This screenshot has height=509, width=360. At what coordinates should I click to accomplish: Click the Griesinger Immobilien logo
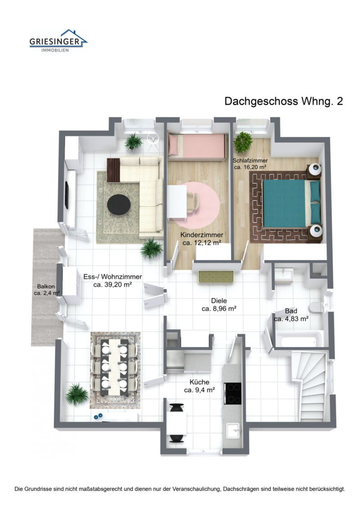[58, 41]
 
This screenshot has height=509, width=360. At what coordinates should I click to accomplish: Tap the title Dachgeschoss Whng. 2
[283, 101]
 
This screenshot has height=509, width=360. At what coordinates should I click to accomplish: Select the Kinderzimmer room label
[201, 235]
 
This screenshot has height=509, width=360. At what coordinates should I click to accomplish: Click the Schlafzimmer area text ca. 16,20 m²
[250, 167]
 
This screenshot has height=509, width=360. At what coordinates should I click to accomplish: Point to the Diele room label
[219, 301]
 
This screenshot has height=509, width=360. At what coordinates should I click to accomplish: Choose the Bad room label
[291, 311]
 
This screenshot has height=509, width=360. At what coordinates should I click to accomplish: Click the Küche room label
[199, 382]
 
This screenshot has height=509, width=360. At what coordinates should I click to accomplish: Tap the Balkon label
[46, 286]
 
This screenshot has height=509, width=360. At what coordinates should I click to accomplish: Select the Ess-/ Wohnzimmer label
[113, 277]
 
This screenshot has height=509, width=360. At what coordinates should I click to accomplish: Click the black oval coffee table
[119, 205]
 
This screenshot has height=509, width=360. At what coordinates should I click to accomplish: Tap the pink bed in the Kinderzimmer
[197, 146]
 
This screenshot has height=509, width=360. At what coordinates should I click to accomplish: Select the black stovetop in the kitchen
[233, 393]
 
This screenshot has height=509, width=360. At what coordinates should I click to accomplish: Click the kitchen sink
[233, 432]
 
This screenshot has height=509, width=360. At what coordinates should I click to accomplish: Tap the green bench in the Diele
[216, 277]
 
